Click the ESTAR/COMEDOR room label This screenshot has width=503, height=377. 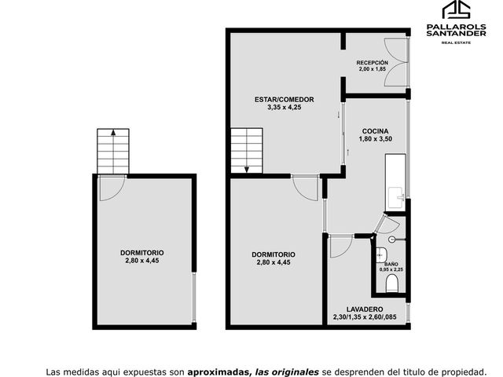[285, 100]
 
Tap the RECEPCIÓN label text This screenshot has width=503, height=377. [372, 63]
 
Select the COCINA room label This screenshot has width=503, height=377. [376, 131]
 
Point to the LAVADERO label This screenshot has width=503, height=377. [365, 309]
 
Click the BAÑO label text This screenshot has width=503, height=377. [391, 264]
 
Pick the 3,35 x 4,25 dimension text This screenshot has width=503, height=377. [285, 108]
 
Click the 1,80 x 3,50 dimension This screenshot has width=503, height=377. [376, 139]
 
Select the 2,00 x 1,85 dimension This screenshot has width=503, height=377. [372, 69]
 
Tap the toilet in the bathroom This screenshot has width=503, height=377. [391, 284]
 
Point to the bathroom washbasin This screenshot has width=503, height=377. [381, 254]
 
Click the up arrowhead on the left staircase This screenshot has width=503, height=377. [113, 132]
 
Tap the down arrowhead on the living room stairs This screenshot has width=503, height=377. [247, 170]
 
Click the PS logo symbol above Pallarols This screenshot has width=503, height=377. [457, 9]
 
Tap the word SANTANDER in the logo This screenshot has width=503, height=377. [456, 33]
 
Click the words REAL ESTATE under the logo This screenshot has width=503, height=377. [456, 42]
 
